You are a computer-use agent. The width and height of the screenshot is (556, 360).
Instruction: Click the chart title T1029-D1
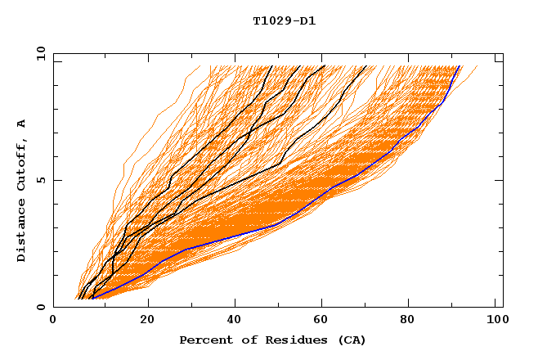click(x=284, y=20)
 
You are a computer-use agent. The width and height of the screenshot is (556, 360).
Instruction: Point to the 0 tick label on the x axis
click(x=53, y=322)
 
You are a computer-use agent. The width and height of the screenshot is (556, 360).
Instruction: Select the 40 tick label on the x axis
click(x=235, y=322)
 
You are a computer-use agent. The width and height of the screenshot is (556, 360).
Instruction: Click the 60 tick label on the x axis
click(x=323, y=322)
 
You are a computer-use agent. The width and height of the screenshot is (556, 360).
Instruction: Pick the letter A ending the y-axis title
click(x=22, y=124)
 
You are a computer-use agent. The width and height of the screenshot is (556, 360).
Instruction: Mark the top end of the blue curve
click(x=461, y=66)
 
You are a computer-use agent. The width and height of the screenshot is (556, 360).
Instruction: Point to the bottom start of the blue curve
click(x=93, y=299)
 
